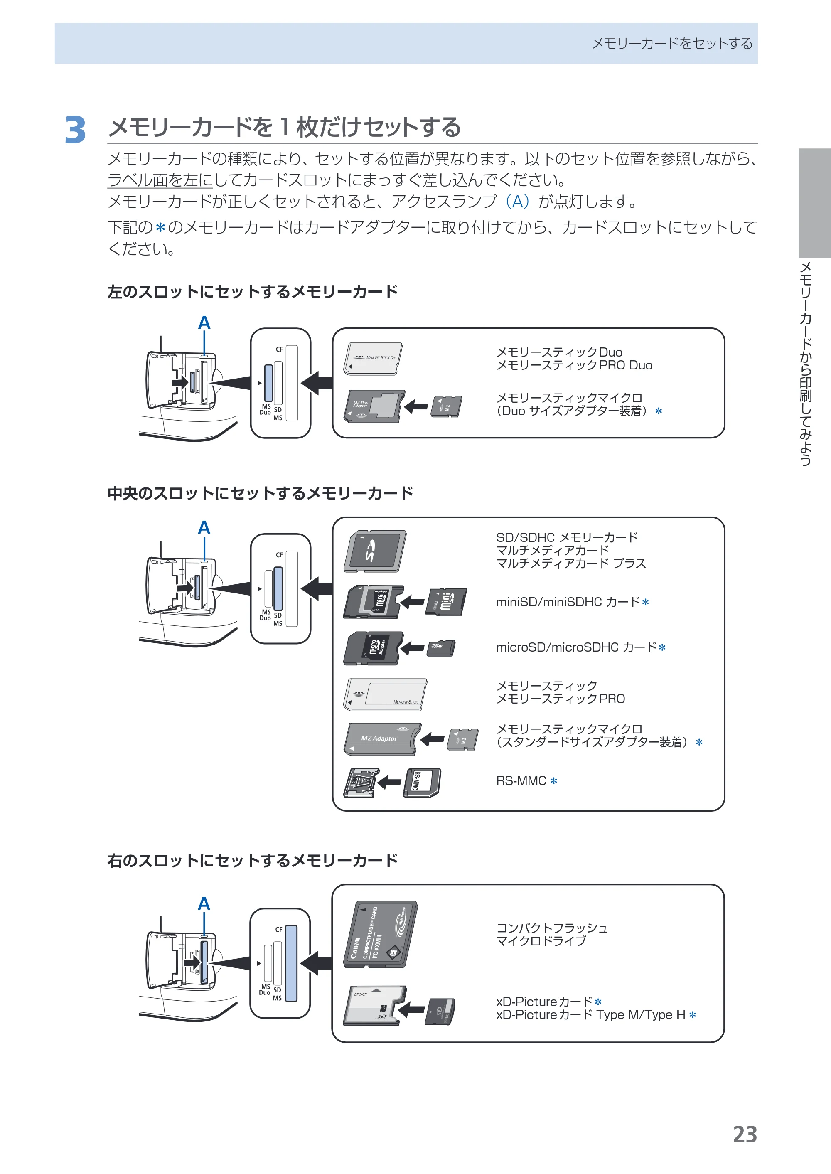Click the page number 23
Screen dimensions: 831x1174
tap(745, 1134)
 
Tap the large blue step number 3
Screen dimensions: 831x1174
tap(75, 130)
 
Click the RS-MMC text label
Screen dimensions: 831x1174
tap(521, 780)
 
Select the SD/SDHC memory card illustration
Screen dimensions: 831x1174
tap(375, 551)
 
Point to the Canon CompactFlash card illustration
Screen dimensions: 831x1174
tap(380, 935)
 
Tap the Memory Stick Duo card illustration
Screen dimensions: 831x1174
tap(373, 359)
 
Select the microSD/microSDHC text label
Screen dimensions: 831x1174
tap(576, 647)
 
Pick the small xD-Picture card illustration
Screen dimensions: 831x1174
tap(440, 1011)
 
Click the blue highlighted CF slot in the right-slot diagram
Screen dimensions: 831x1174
tap(291, 963)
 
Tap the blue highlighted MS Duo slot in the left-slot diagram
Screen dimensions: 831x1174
tap(268, 383)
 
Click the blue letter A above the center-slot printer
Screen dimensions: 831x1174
tap(204, 527)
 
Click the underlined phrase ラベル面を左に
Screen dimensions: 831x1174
tap(160, 180)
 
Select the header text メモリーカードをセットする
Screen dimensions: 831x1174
tap(672, 44)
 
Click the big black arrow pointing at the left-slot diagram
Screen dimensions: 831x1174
tap(317, 383)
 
